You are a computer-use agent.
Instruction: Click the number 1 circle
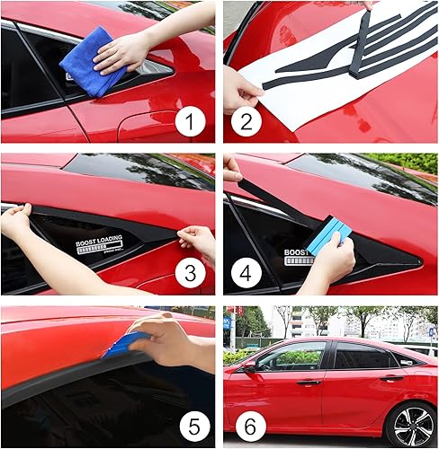190,121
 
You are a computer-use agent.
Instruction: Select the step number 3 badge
190,273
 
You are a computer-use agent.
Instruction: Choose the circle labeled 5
190,425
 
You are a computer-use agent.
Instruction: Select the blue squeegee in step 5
127,344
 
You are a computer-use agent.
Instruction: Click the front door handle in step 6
309,383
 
